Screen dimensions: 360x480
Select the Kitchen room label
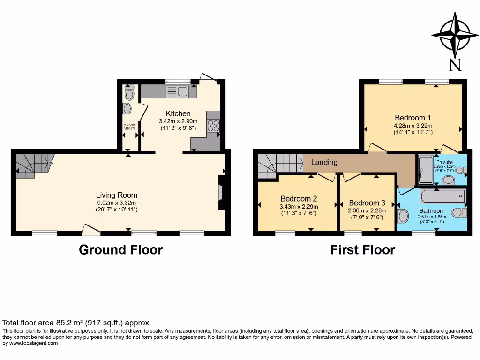click(178, 113)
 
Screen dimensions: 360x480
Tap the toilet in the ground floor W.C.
click(129, 93)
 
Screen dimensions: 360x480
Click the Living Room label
click(117, 195)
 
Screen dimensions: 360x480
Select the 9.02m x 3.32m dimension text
click(117, 202)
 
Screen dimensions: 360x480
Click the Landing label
click(324, 162)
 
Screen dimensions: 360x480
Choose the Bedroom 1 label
click(412, 118)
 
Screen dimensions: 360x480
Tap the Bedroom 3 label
click(367, 202)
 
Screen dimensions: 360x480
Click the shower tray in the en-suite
click(426, 170)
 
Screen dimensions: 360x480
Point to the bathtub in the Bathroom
click(440, 196)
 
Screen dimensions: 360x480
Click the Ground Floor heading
click(120, 249)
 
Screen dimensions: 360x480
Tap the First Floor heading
click(362, 249)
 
